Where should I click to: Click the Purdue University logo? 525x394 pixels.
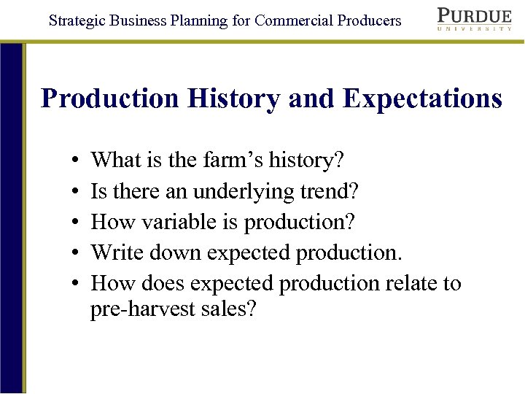474,19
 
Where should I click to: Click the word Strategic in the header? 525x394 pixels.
77,20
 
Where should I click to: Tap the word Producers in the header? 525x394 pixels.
370,20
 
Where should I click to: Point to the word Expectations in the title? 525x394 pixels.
422,98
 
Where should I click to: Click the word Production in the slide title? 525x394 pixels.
110,98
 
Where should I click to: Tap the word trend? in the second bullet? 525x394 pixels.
332,190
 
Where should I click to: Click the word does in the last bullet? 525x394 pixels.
163,283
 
